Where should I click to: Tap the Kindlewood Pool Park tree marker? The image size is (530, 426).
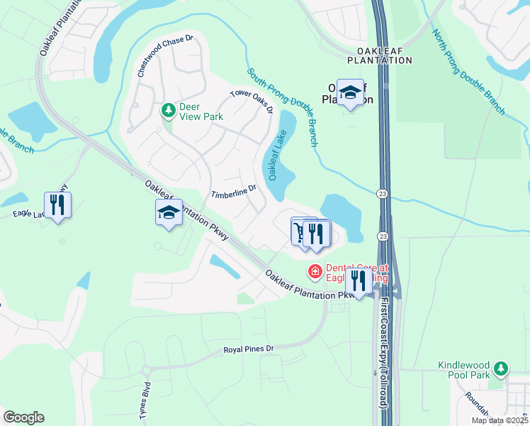point(502,368)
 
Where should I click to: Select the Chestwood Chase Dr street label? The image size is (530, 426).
point(166,55)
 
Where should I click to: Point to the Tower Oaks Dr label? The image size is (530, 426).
point(252,102)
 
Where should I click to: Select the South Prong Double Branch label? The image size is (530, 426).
point(283,106)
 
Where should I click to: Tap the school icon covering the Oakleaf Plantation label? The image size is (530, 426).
point(349,93)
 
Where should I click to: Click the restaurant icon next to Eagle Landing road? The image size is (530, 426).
point(57,206)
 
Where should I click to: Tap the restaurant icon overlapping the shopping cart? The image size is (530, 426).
point(317,234)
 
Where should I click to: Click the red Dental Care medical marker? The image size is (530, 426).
point(314,271)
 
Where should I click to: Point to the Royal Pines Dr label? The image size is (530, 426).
point(248,349)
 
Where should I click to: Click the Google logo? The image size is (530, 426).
point(23,417)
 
